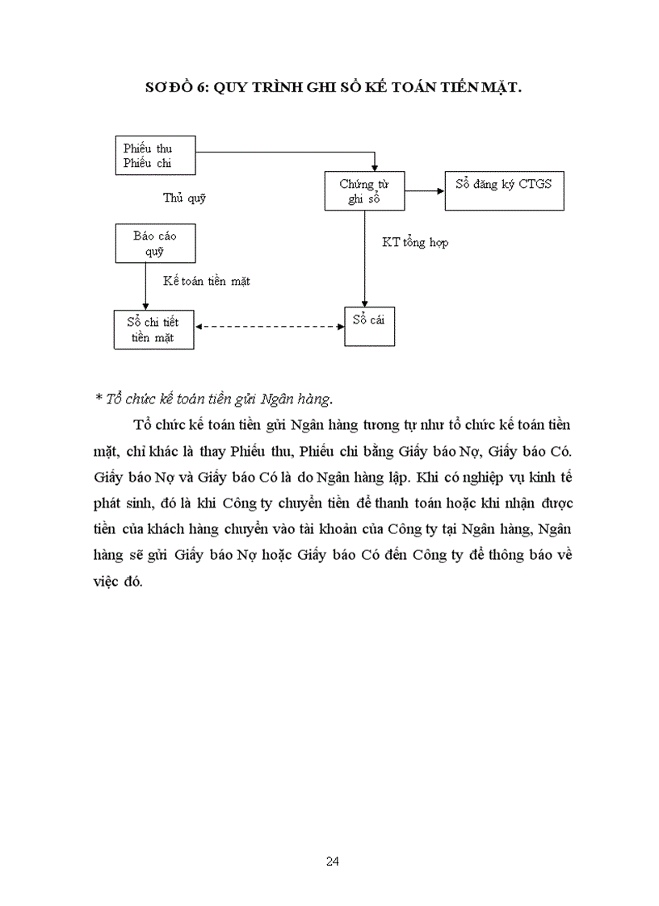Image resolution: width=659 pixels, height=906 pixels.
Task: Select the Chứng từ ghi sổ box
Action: tap(363, 191)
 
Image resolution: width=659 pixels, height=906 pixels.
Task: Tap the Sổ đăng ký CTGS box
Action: tap(504, 190)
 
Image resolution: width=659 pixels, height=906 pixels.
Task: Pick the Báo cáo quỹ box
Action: tap(154, 243)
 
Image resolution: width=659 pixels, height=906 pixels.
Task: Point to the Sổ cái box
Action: tap(369, 325)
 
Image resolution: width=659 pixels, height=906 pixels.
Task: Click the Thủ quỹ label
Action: tap(184, 198)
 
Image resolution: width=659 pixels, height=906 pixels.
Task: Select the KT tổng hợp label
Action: tap(415, 242)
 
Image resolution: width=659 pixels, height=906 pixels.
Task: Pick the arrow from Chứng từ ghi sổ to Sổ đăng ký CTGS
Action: tap(424, 191)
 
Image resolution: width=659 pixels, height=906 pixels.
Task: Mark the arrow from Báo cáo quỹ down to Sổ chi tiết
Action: tap(145, 286)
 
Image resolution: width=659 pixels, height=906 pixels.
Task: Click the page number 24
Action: tap(332, 861)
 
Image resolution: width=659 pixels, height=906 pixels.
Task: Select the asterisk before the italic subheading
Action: tap(98, 398)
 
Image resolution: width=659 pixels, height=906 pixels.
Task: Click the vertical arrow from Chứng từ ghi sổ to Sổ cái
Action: tap(365, 258)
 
